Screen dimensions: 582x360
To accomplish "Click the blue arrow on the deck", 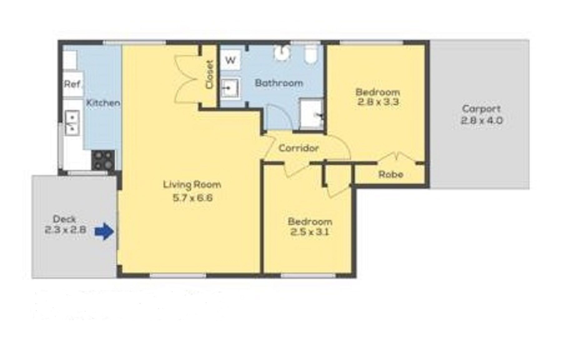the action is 105,231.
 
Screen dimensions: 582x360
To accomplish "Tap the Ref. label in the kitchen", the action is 72,84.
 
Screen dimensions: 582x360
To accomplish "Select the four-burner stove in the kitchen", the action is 103,160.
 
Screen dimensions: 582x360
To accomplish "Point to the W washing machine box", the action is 230,60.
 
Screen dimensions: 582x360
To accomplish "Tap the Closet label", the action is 210,74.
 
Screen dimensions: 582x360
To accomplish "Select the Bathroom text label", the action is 279,83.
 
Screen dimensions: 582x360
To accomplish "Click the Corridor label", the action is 298,148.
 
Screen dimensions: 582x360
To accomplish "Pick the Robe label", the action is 391,174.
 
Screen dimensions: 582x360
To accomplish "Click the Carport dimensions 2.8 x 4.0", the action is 482,120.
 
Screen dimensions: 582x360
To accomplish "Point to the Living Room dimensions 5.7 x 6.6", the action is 192,198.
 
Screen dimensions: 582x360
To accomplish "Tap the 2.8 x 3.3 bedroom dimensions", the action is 378,102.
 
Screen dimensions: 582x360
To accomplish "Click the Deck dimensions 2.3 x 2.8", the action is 65,230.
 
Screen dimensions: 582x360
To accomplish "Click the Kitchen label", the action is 103,102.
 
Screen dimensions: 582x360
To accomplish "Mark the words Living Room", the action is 192,185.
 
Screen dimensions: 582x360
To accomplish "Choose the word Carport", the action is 481,109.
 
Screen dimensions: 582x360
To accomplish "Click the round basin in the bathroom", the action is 283,52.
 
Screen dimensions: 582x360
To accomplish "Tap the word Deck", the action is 65,219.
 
